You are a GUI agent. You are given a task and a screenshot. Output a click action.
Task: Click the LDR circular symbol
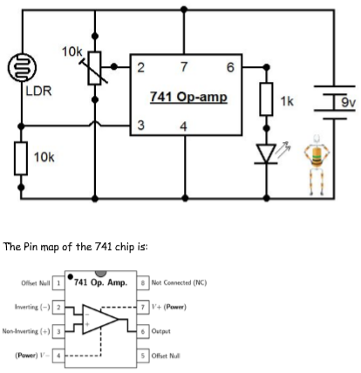click(x=22, y=67)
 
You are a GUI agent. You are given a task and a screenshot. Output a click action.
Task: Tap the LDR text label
click(x=38, y=92)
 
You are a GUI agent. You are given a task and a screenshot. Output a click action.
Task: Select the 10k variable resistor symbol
click(x=94, y=68)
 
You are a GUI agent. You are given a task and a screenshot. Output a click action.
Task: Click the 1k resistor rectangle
click(x=266, y=99)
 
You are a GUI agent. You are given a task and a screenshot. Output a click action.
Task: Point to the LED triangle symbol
click(x=266, y=153)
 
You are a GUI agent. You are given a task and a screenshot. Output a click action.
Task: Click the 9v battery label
click(x=348, y=102)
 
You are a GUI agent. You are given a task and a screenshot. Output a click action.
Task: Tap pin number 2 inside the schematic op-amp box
click(x=140, y=68)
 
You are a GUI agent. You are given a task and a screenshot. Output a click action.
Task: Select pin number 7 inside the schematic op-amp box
click(x=184, y=67)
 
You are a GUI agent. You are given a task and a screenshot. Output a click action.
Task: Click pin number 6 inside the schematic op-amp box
click(x=230, y=67)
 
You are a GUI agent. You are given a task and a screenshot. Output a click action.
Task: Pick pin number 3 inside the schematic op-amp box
click(x=140, y=125)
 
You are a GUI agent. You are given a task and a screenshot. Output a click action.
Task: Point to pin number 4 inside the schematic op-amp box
click(x=183, y=126)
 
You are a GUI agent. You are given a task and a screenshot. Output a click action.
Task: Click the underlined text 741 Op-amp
click(x=188, y=97)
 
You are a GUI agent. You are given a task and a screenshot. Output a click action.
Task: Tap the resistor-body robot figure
click(x=317, y=165)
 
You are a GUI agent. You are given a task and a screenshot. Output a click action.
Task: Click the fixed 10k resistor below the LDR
click(x=21, y=159)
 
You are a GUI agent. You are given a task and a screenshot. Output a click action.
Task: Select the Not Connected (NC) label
click(x=179, y=282)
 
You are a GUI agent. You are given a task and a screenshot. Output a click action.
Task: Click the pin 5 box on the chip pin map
click(x=143, y=356)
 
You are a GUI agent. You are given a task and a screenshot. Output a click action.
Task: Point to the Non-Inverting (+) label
click(x=26, y=331)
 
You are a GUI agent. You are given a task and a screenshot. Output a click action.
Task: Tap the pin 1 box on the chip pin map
click(x=58, y=283)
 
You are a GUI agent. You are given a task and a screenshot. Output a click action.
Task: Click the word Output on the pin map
click(x=160, y=331)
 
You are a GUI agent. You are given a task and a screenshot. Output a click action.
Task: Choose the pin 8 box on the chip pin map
click(x=143, y=282)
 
